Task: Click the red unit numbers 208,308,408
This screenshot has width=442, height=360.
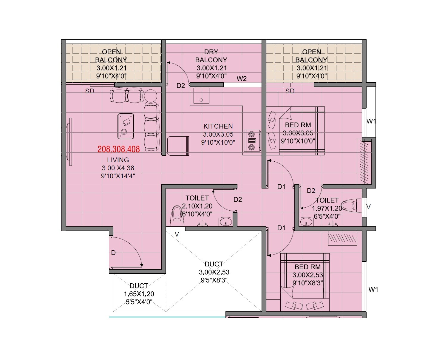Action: (x=118, y=149)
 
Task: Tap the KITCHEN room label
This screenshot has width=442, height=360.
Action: (x=218, y=126)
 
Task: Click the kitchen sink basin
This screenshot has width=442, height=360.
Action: (x=201, y=96)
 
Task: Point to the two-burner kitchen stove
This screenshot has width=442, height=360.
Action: (x=252, y=140)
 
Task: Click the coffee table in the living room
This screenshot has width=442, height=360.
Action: (x=126, y=126)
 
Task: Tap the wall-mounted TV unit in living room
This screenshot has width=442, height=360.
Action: (x=70, y=142)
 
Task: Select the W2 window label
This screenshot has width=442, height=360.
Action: (x=242, y=79)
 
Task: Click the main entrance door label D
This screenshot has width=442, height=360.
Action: (x=113, y=253)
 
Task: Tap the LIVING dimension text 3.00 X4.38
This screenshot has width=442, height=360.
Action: (x=118, y=168)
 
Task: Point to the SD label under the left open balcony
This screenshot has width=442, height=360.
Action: (x=89, y=91)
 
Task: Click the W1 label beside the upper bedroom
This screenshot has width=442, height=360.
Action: (x=371, y=121)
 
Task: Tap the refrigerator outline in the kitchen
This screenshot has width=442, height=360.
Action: (x=178, y=146)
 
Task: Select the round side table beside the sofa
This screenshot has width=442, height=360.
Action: (x=151, y=96)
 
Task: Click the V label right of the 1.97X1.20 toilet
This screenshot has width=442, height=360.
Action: (x=369, y=207)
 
